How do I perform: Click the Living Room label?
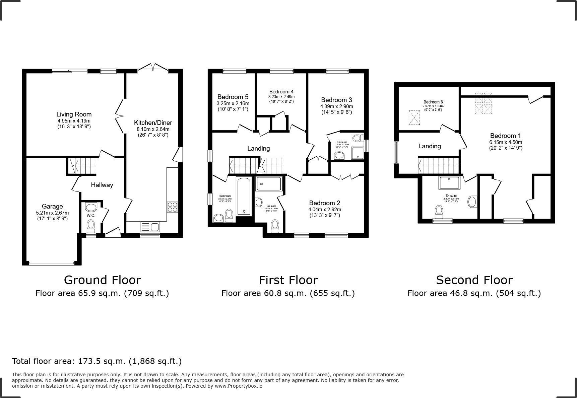click(x=74, y=114)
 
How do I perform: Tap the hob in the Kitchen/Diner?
click(x=172, y=207)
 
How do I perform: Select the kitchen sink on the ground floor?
click(x=151, y=227)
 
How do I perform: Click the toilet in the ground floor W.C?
click(x=91, y=226)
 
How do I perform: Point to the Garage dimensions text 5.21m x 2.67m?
click(x=52, y=213)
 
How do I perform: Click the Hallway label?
click(x=102, y=185)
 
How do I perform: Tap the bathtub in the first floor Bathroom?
click(x=244, y=196)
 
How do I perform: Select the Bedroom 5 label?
click(x=233, y=97)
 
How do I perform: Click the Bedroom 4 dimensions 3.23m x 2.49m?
click(x=281, y=96)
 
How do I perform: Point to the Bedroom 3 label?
click(x=336, y=100)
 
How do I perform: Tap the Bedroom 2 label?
click(x=324, y=203)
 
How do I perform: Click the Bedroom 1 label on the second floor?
click(x=505, y=136)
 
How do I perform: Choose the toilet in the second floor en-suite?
click(x=439, y=211)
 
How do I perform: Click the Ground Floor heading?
click(x=102, y=280)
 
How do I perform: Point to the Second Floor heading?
click(x=474, y=280)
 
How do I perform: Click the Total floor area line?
click(x=97, y=361)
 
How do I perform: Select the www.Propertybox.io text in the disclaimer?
click(x=238, y=386)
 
